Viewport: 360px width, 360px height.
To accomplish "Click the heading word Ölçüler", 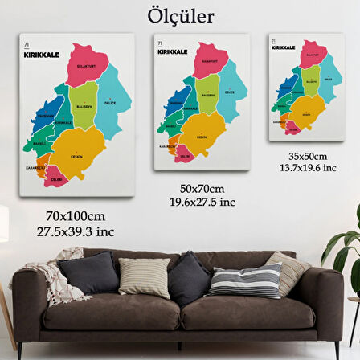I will pos(181,16).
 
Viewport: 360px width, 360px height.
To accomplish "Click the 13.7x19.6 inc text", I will pos(308,167).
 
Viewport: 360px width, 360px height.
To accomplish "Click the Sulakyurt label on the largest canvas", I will pos(86,67).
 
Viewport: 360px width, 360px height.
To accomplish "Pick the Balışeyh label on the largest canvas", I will pos(84,106).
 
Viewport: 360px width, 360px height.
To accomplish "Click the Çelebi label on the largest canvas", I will pos(56,180).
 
